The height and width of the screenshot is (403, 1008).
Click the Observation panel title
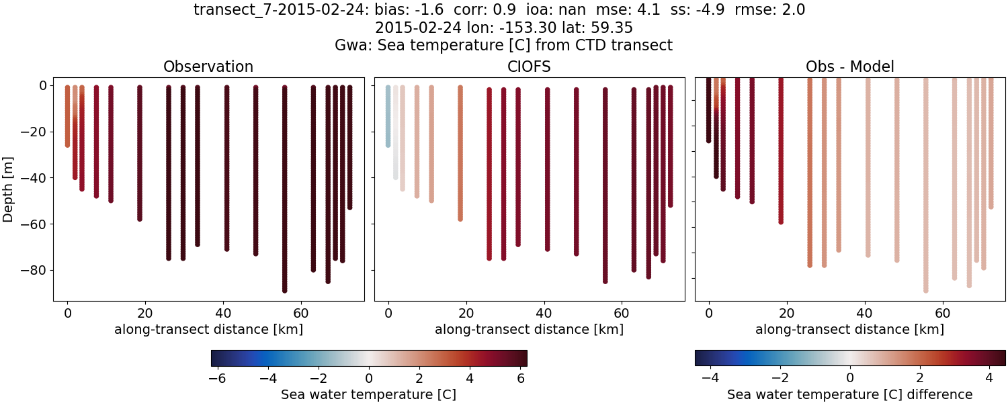point(208,67)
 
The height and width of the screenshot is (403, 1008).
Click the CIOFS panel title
point(529,67)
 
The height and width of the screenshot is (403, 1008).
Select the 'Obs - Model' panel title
point(849,67)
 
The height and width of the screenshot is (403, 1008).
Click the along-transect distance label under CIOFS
point(529,330)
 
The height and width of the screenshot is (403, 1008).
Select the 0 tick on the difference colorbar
point(850,378)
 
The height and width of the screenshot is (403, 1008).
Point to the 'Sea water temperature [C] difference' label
point(849,395)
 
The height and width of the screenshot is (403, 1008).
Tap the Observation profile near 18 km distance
point(140,154)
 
